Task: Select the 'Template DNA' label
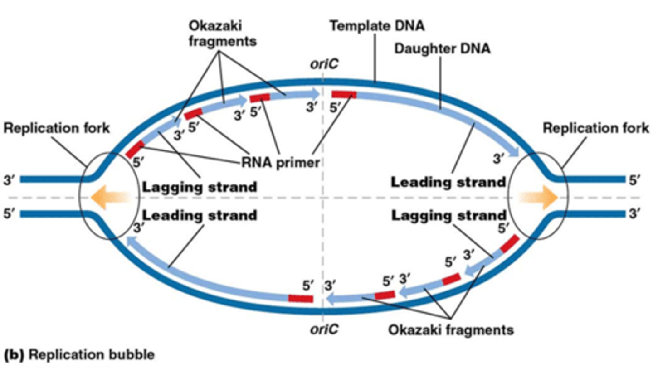377,26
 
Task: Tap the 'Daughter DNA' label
442,48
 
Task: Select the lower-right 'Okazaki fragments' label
451,329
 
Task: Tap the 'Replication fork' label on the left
57,128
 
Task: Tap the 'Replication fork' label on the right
595,128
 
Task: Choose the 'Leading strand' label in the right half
448,182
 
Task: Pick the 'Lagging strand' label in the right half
448,215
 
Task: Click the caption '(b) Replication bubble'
79,355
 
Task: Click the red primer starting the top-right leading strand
344,94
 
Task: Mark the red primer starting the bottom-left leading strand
301,298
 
